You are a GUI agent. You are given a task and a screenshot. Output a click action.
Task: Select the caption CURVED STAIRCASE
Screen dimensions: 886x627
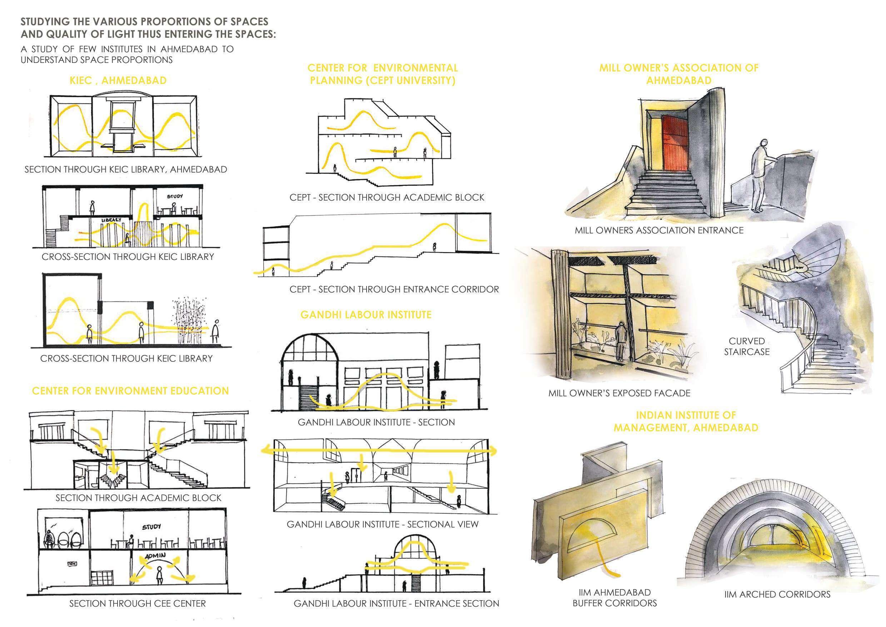[x=746, y=346]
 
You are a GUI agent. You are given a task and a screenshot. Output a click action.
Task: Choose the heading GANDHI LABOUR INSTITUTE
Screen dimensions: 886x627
[x=365, y=315]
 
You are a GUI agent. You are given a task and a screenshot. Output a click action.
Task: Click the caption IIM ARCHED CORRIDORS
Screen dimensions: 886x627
[x=777, y=594]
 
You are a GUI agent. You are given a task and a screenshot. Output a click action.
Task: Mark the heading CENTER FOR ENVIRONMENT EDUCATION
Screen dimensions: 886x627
[x=130, y=391]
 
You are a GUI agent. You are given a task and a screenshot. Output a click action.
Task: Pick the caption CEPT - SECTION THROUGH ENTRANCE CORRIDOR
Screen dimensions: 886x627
[x=394, y=289]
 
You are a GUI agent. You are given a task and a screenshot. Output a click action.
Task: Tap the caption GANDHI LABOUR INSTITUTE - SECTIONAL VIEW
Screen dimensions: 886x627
[x=382, y=524]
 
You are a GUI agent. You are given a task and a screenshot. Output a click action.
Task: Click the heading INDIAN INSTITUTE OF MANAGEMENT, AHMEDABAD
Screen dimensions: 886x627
[x=686, y=421]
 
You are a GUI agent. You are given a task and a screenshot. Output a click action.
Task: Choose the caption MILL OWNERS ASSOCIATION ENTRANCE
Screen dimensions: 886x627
[x=659, y=231]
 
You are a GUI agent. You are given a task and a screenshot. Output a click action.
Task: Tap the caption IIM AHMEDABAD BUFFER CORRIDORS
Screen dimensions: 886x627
[x=614, y=598]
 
